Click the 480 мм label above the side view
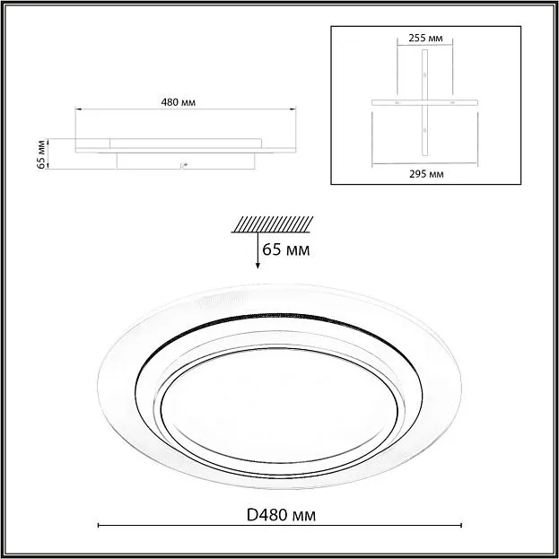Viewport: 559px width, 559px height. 179,102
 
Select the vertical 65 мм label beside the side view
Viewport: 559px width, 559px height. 41,154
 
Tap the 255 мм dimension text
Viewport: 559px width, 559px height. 425,39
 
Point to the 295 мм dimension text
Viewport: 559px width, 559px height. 426,174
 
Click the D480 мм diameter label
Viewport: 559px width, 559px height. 281,515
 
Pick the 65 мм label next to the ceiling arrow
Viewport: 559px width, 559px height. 286,249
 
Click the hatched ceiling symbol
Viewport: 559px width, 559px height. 273,224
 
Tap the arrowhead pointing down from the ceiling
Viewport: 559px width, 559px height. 258,266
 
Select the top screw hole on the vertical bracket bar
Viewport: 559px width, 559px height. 424,74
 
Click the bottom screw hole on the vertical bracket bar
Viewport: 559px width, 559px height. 424,130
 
